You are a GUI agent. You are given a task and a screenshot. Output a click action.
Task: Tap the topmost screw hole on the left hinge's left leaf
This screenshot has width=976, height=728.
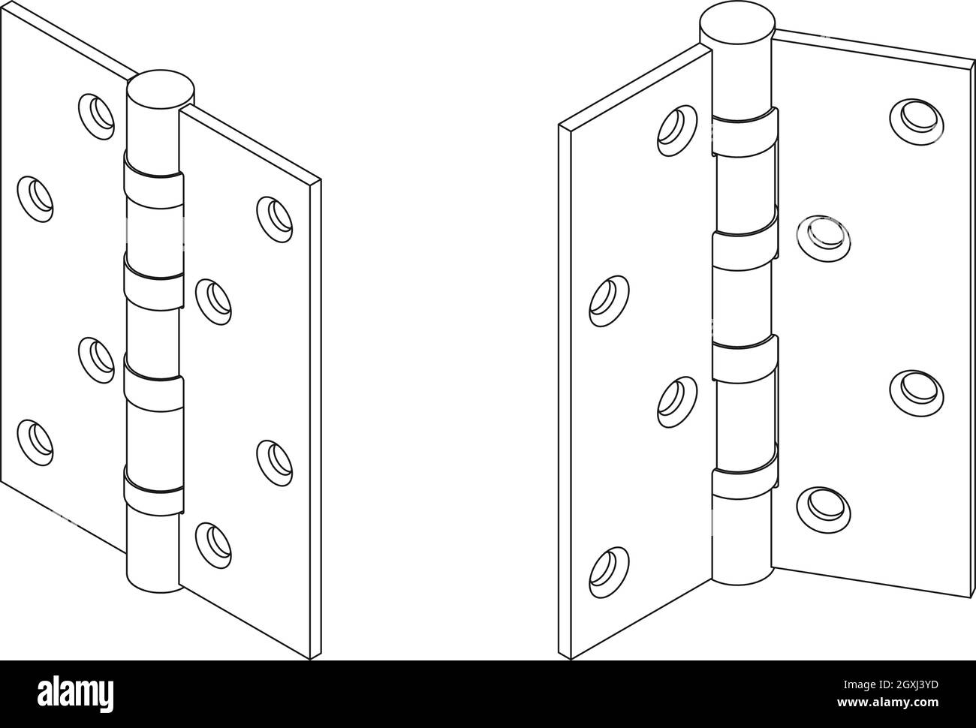(98, 113)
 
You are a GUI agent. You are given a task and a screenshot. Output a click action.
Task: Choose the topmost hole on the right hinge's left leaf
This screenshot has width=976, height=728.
(673, 125)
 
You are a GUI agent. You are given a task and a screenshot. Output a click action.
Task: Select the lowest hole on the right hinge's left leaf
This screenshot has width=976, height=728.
(609, 572)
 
